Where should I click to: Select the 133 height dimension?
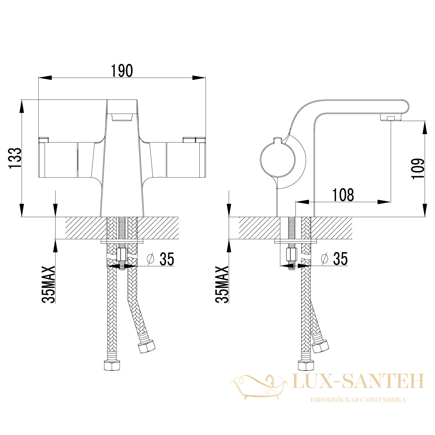pos(15,158)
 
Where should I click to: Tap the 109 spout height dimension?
pos(418,169)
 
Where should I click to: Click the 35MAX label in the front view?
pos(48,285)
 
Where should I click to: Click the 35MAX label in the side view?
pos(222,285)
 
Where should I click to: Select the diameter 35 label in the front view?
pos(161,259)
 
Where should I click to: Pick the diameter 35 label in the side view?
pos(335,259)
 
